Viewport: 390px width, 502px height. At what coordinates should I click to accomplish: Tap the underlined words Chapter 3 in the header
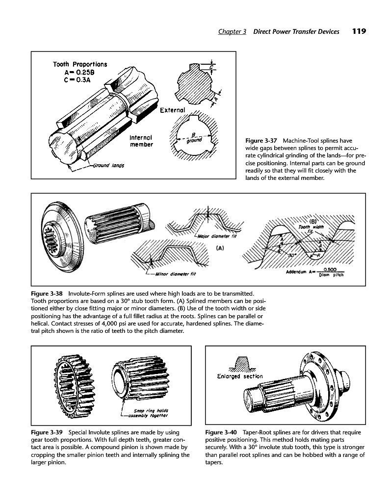[232, 32]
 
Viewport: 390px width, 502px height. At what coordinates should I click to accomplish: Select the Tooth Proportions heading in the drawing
[80, 64]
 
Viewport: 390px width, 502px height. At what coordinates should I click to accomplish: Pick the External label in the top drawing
[172, 110]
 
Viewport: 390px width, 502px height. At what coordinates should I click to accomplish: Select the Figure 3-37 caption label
[261, 141]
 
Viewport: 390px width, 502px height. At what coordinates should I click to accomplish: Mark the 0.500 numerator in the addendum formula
[334, 268]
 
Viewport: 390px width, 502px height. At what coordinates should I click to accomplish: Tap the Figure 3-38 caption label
[48, 293]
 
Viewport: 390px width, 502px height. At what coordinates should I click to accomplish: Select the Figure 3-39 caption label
[48, 433]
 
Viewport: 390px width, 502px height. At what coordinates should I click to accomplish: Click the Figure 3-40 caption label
[222, 433]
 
